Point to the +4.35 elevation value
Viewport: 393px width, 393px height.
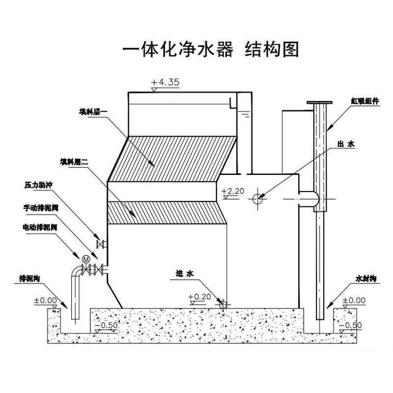tap(166, 82)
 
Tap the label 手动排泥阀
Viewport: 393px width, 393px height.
tap(41, 207)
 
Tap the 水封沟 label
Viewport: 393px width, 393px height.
tap(366, 278)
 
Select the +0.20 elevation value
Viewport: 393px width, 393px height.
tap(199, 297)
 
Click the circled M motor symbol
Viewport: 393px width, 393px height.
tap(86, 258)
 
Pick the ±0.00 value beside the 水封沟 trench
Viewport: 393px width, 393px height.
tap(354, 300)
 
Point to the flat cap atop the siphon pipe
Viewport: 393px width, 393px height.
tap(320, 103)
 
